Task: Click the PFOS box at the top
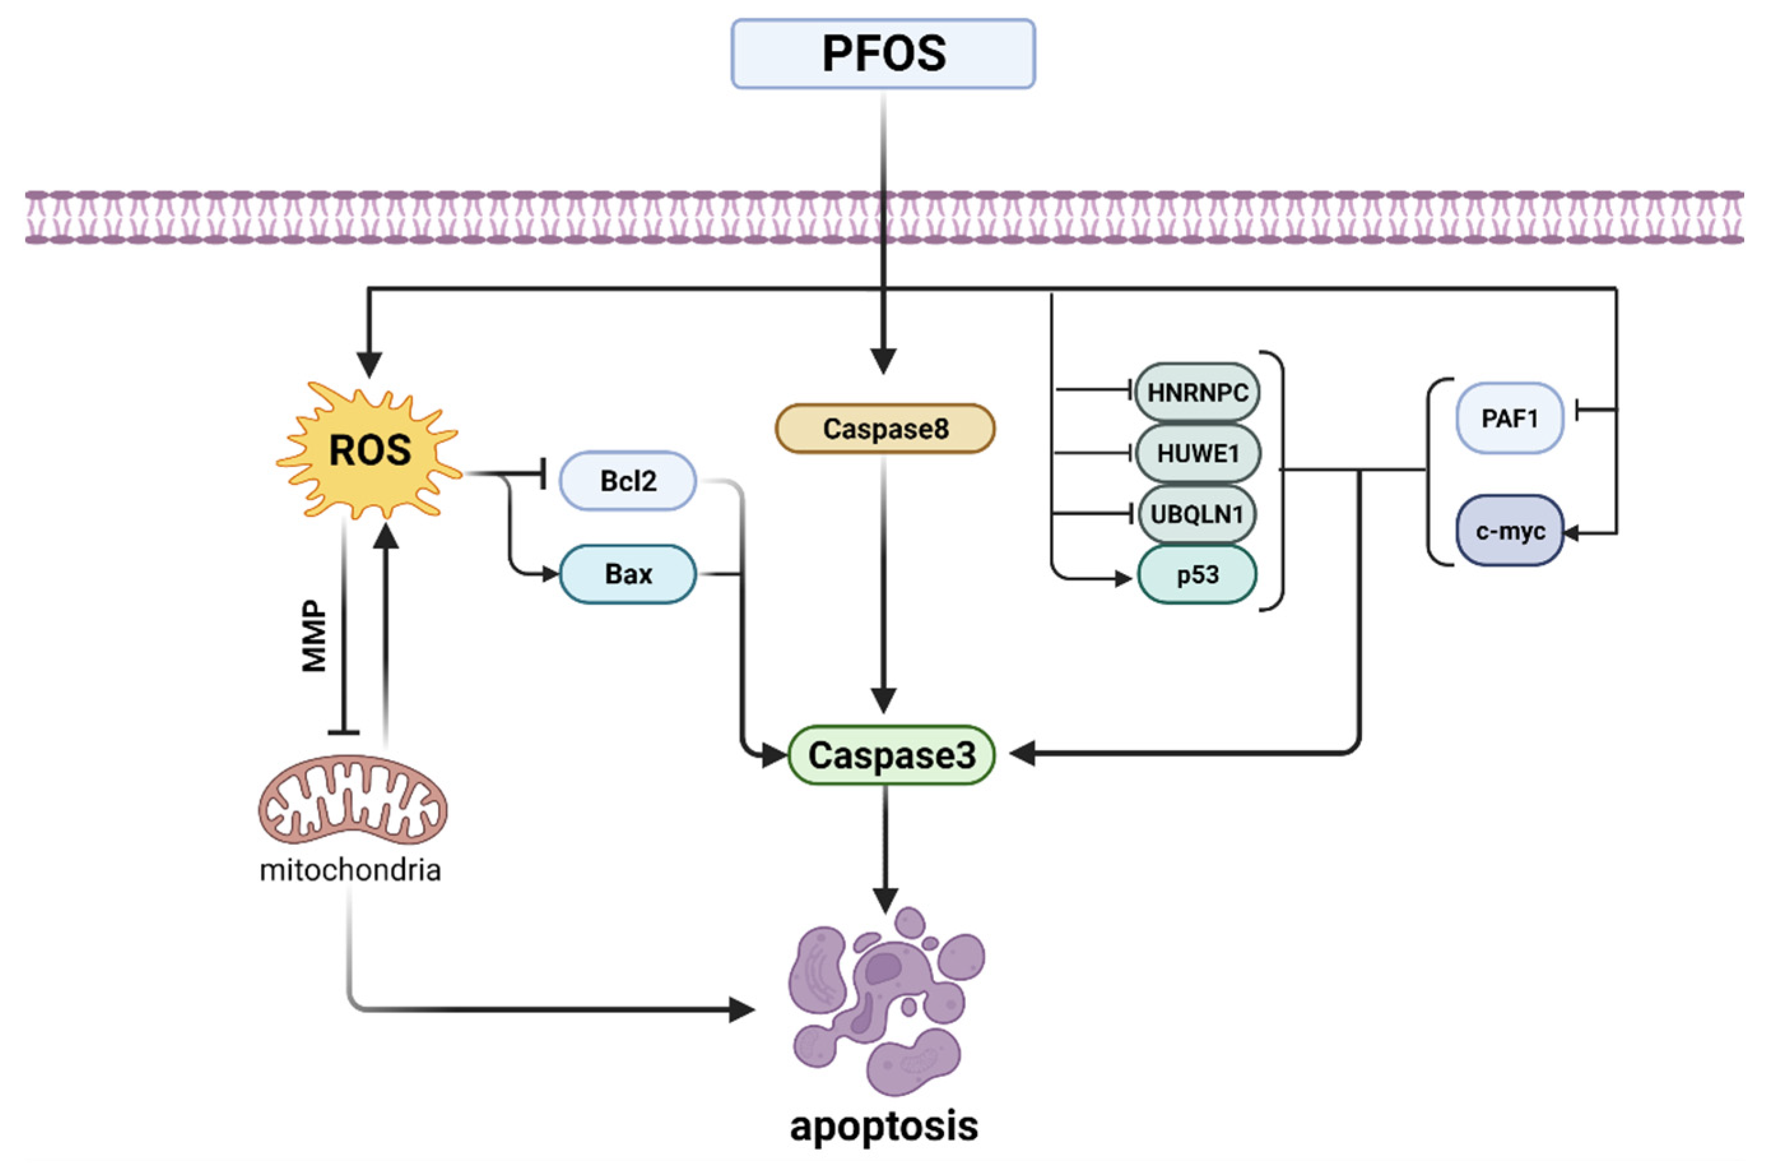tap(882, 54)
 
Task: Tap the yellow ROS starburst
tap(370, 451)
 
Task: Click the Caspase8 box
tap(885, 429)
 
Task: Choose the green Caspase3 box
tap(891, 755)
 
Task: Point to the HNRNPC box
tap(1197, 393)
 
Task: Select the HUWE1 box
tap(1197, 453)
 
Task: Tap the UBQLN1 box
tap(1197, 514)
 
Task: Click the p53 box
tap(1197, 575)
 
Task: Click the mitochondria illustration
tap(353, 799)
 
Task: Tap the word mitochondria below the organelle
tap(350, 870)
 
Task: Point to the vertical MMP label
tap(314, 637)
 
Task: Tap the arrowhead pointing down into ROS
tap(369, 365)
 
